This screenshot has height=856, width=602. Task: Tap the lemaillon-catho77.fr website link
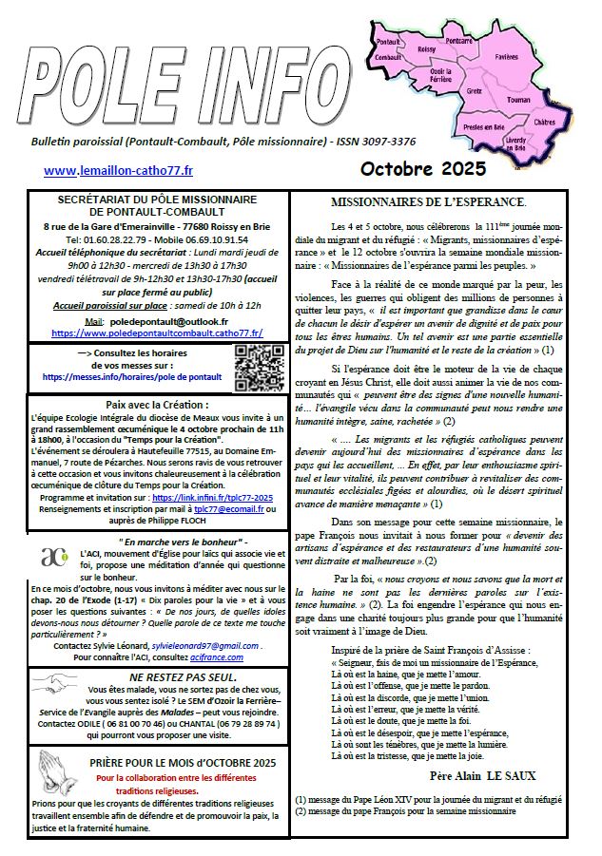click(x=118, y=171)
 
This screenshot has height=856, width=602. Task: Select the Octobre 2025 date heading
click(x=422, y=169)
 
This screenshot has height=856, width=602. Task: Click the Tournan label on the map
click(x=519, y=98)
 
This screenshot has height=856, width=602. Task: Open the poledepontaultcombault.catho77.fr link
click(x=157, y=333)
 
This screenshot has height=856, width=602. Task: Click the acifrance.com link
click(x=217, y=656)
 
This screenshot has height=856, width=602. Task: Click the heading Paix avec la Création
click(x=156, y=403)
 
